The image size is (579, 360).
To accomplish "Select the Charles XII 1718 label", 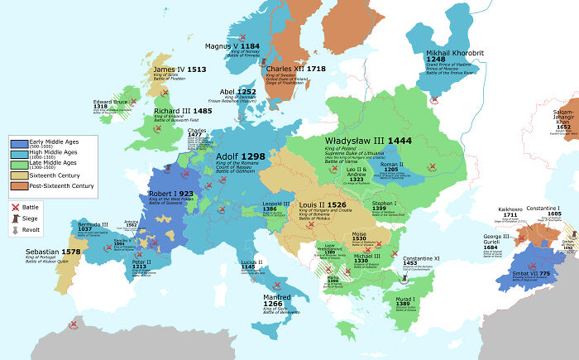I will (x=296, y=69).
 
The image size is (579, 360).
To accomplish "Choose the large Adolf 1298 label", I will (x=240, y=156).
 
